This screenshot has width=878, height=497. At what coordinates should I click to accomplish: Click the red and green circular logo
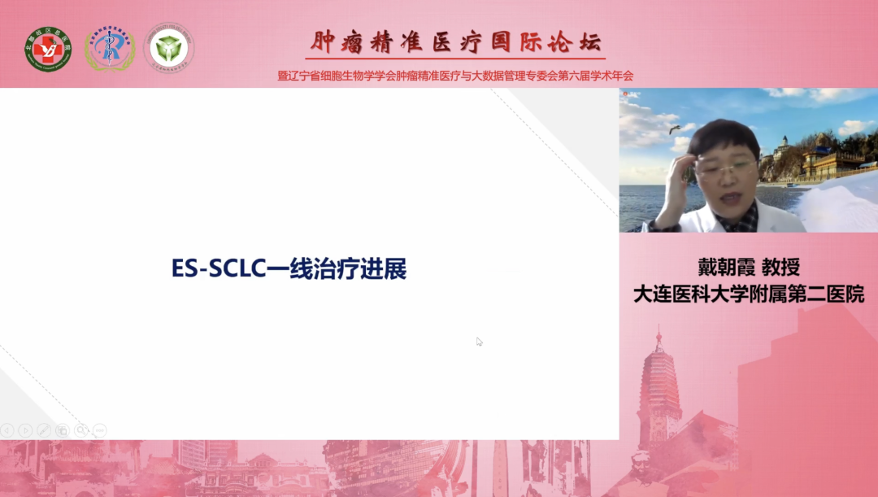click(x=48, y=48)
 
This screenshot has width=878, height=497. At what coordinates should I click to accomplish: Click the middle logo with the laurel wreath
click(x=109, y=48)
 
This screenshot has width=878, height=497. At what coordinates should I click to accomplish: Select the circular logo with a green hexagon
click(x=169, y=48)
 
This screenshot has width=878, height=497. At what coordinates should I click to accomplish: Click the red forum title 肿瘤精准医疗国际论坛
click(x=456, y=41)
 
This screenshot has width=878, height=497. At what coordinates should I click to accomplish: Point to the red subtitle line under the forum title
click(x=455, y=76)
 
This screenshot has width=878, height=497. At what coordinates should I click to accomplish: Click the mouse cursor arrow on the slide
click(x=480, y=342)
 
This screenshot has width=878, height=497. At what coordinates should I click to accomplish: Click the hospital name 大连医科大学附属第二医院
click(x=748, y=294)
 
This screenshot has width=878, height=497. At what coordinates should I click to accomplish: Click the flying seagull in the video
click(x=674, y=129)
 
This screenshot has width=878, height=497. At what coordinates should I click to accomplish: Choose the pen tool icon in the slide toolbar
click(x=44, y=429)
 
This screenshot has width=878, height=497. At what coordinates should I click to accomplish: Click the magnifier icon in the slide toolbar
click(x=80, y=429)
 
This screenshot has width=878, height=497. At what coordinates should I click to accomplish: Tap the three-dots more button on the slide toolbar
click(x=99, y=429)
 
